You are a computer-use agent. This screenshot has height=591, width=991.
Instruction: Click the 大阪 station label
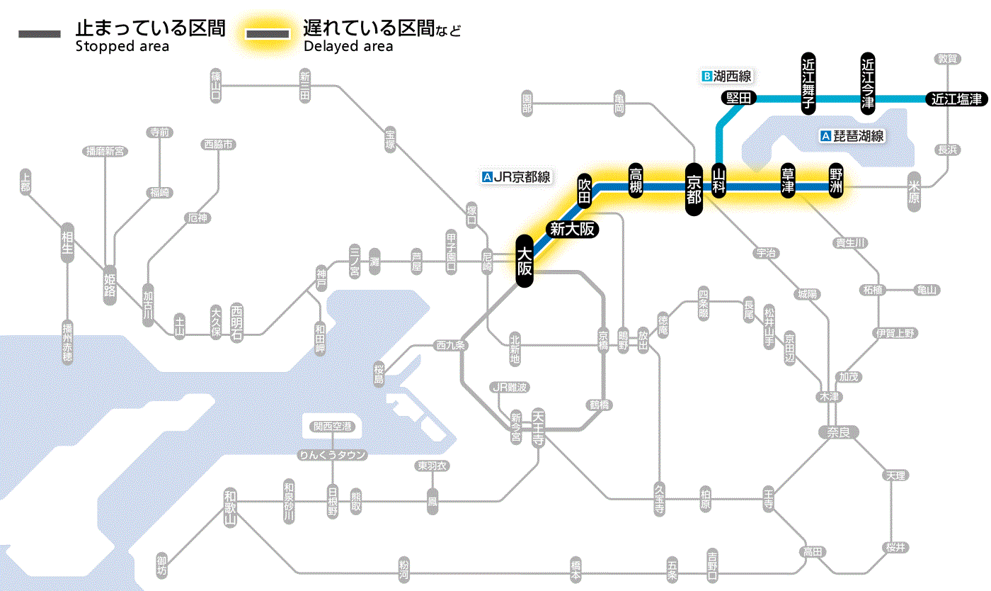coord(524,261)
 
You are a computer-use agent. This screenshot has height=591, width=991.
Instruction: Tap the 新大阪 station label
coord(571,229)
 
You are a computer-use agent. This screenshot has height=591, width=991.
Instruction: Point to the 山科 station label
coord(719,182)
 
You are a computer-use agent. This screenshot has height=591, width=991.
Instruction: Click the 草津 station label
coord(787,182)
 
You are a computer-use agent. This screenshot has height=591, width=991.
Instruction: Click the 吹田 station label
coord(584,189)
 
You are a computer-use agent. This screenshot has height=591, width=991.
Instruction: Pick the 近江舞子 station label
coord(808,82)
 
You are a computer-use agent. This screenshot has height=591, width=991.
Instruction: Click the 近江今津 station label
coord(867,82)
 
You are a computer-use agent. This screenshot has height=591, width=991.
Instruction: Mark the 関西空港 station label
coord(333,427)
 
